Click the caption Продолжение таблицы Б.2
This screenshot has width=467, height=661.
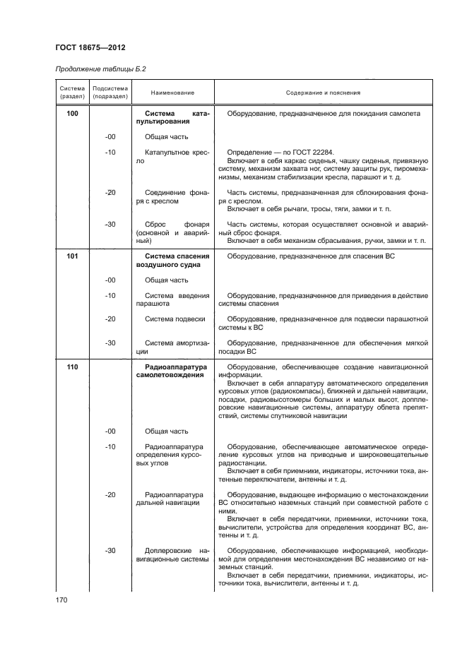(x=100, y=69)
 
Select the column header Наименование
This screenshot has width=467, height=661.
(x=172, y=93)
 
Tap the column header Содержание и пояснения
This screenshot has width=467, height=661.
(x=323, y=93)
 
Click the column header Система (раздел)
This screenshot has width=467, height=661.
(x=71, y=93)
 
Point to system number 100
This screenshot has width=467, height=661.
(x=72, y=114)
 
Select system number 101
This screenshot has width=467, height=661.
(x=72, y=256)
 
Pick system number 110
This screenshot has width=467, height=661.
(x=72, y=367)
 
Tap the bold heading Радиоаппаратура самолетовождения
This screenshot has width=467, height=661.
(x=173, y=371)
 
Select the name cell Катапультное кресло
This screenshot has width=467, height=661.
(x=173, y=157)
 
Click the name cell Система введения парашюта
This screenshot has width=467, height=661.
(x=173, y=299)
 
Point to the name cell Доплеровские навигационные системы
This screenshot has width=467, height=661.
(x=173, y=554)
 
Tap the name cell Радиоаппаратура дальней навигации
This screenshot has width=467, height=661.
(x=173, y=499)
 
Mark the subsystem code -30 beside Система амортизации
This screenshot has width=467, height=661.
(x=110, y=343)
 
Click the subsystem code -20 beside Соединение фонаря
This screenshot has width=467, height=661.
(x=110, y=192)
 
